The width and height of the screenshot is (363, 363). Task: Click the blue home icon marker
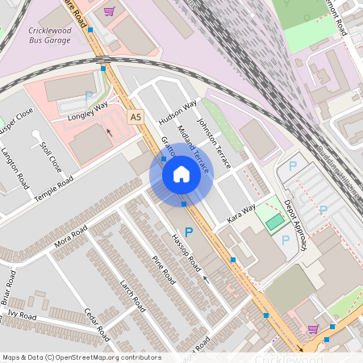(x=181, y=174)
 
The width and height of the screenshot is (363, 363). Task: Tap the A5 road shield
(x=136, y=118)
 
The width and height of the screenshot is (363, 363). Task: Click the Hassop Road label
(x=185, y=252)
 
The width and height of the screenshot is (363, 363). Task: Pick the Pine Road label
(x=164, y=269)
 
